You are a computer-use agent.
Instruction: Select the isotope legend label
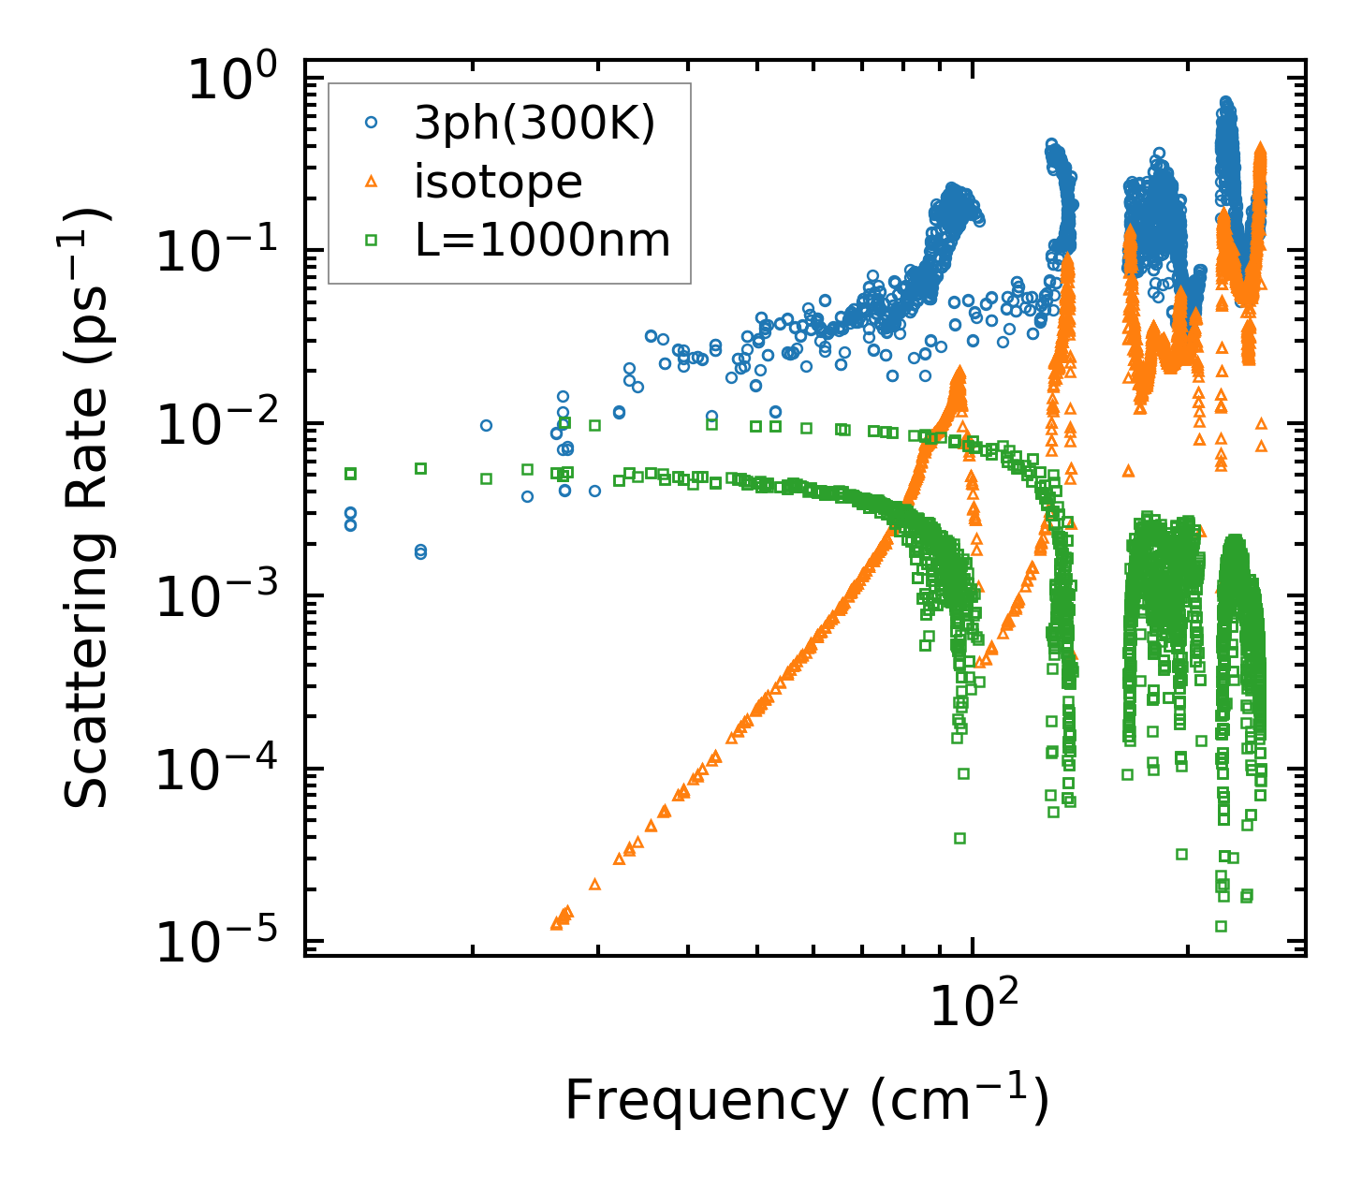coord(498,182)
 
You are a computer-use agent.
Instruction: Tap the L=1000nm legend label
coord(542,241)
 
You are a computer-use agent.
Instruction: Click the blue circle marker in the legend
coord(372,122)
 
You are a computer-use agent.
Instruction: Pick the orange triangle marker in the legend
coord(372,181)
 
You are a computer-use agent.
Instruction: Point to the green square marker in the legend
coord(372,241)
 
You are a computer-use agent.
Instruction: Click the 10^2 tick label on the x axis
coord(974,1008)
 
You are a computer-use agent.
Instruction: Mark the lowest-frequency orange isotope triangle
coord(556,924)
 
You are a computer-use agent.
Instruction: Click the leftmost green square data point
coord(351,474)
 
